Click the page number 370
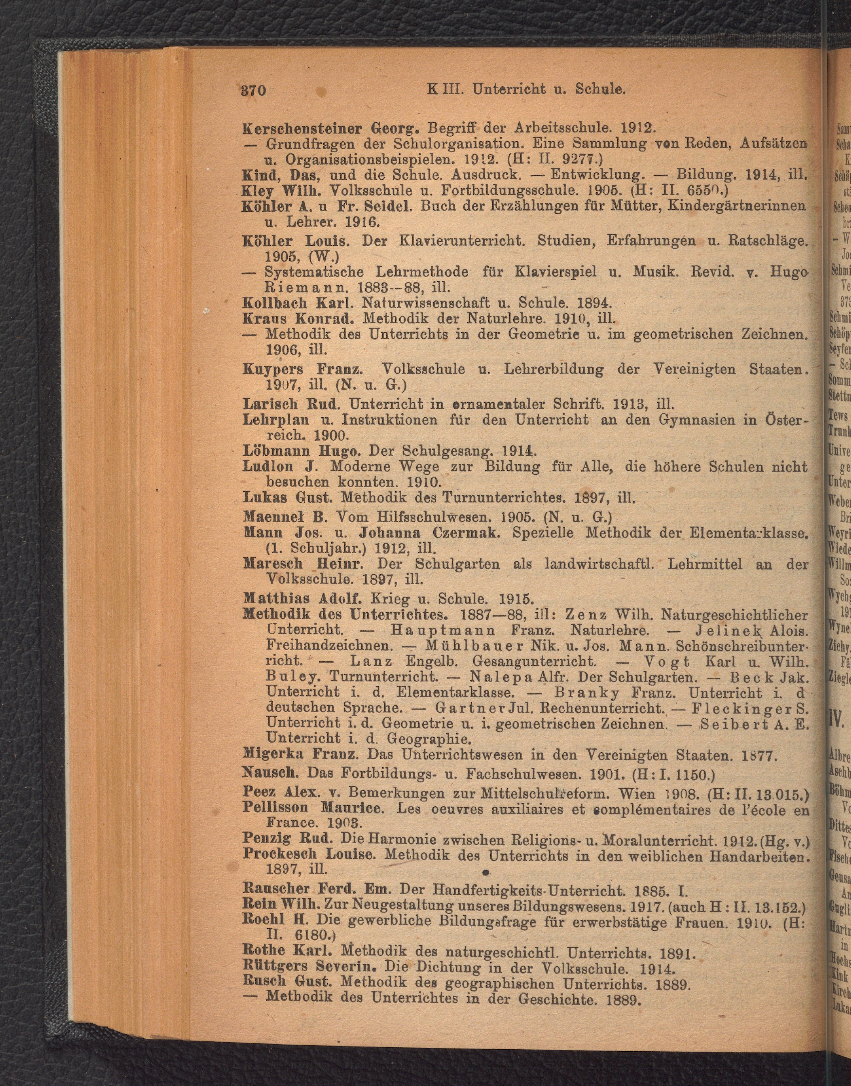tap(254, 90)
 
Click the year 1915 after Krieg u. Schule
tap(517, 598)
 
